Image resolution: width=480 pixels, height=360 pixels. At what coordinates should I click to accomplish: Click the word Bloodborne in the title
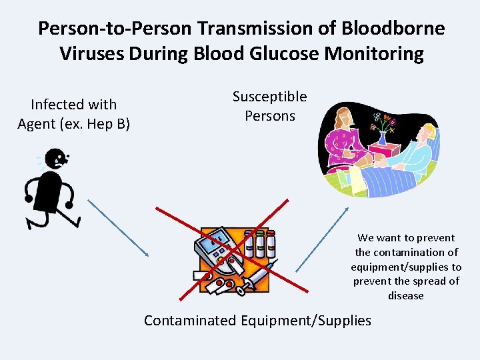pyautogui.click(x=394, y=29)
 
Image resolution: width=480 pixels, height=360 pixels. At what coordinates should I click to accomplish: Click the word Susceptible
pyautogui.click(x=269, y=97)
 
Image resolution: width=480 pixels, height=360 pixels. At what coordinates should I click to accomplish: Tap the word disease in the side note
pyautogui.click(x=405, y=295)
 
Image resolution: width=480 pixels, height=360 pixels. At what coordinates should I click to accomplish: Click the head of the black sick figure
pyautogui.click(x=55, y=159)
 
